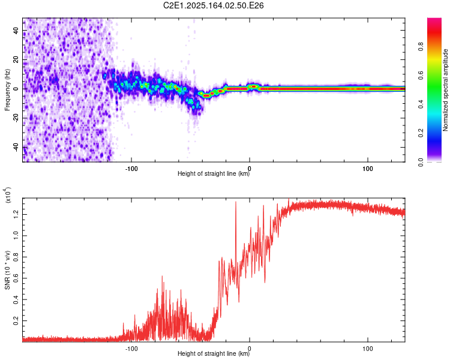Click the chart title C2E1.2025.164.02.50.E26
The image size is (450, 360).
coord(213,5)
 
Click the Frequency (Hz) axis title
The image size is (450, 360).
coord(7,90)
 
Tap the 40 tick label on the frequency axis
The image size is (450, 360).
coord(16,31)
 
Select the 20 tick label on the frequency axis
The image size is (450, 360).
coord(16,60)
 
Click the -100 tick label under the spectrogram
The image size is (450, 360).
coord(131,169)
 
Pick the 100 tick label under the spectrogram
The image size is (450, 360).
coord(368,169)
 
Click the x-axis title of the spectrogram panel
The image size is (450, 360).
coord(214,173)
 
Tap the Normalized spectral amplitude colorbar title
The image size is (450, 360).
coord(445,90)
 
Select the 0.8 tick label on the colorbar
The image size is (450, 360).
coord(421,47)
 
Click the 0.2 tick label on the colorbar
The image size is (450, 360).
coord(421,133)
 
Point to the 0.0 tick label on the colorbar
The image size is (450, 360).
coord(421,162)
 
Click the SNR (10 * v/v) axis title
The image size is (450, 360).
coord(7,270)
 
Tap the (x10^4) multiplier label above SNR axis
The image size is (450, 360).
coord(7,195)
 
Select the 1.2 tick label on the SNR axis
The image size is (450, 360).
coord(16,214)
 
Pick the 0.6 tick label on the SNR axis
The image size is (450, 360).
coord(16,278)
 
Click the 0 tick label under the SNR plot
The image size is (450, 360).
coord(250,349)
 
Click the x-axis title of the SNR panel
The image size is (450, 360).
coord(214,353)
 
